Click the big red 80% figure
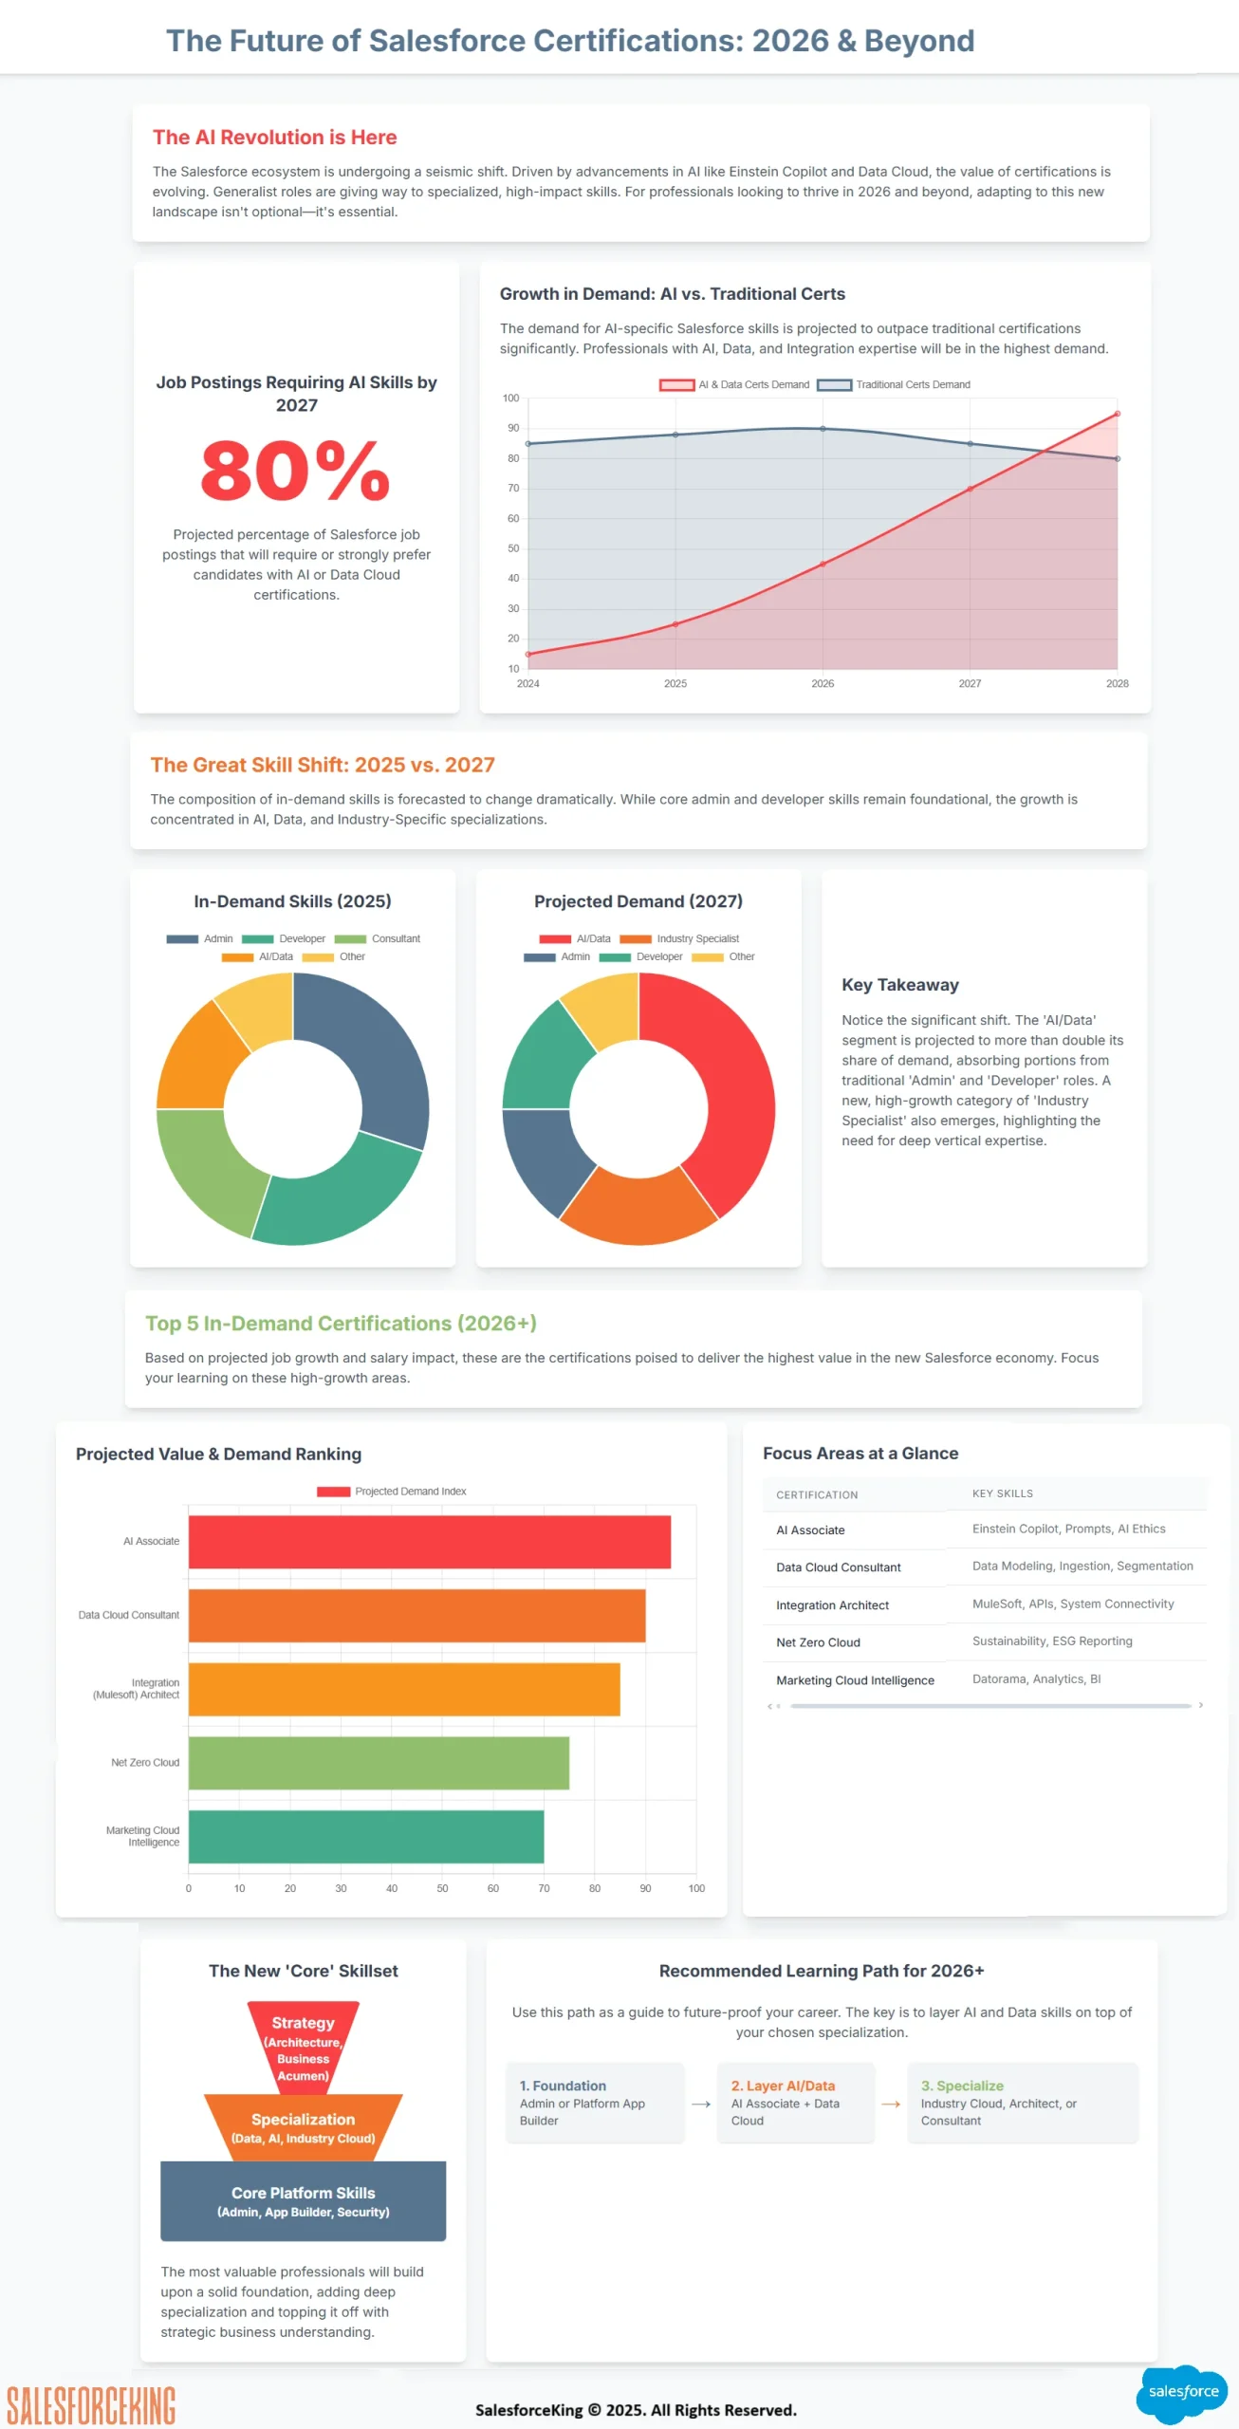(295, 471)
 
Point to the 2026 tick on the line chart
(823, 683)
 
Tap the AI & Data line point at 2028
(1117, 414)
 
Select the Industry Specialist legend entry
(680, 938)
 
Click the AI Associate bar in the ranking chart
(429, 1542)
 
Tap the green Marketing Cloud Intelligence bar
(366, 1836)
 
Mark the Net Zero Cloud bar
(379, 1763)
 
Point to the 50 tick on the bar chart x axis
(442, 1888)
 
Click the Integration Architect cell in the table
(832, 1605)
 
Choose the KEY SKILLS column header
(1002, 1493)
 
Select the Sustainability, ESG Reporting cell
(1051, 1641)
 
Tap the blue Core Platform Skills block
(303, 2200)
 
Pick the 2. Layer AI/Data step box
(794, 2102)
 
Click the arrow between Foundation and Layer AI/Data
(701, 2104)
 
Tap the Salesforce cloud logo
(1182, 2392)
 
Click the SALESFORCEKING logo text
(91, 2406)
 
